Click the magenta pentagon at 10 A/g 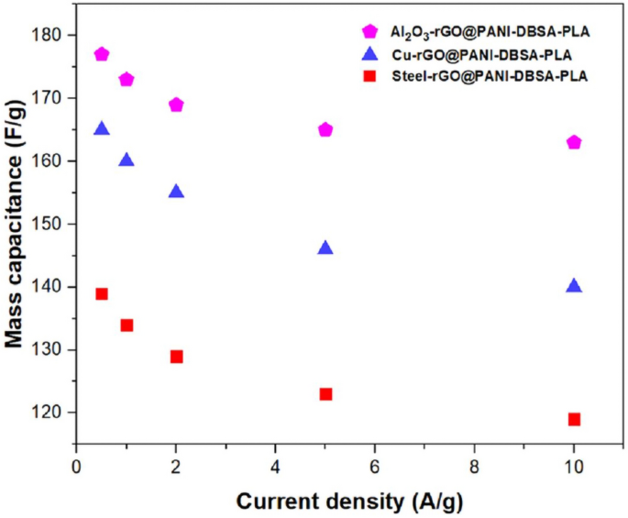coord(574,142)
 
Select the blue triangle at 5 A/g coord(325,248)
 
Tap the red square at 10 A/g coord(574,419)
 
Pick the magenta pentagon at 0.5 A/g coord(102,54)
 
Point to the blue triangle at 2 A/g coord(176,192)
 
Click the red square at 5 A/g coord(325,394)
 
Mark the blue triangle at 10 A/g coord(574,286)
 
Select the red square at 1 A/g coord(127,325)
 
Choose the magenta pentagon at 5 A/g coord(325,129)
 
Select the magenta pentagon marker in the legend coord(371,32)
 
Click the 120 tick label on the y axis coord(50,413)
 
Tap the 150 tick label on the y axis coord(50,224)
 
